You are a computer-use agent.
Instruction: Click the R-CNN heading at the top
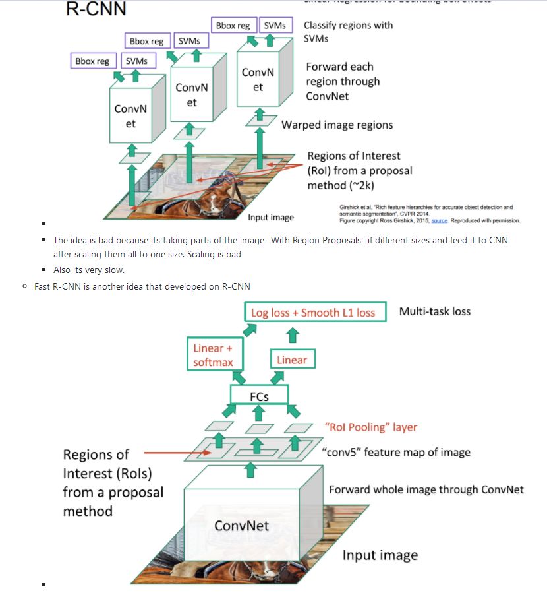pos(96,9)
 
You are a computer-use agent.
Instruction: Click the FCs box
pos(258,394)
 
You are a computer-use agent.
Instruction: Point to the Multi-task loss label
pos(435,311)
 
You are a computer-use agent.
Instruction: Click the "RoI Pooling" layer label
pos(371,427)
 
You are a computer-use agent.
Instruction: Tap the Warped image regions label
pos(337,125)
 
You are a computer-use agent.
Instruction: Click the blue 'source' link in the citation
pos(439,220)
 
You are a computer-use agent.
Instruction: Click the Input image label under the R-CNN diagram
pos(270,217)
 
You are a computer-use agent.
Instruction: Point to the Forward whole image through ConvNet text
pos(426,489)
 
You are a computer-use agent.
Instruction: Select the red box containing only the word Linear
pos(292,360)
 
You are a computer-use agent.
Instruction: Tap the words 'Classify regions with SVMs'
pos(348,32)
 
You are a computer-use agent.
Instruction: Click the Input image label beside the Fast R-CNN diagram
pos(380,555)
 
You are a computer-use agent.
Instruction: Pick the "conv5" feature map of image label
pos(395,452)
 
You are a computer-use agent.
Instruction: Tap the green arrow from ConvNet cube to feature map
pos(249,469)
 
